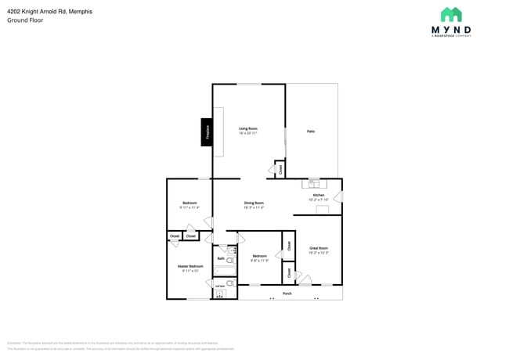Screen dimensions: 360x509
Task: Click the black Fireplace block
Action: [208, 131]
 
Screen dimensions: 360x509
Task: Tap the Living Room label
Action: [248, 128]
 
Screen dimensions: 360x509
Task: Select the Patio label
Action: [311, 131]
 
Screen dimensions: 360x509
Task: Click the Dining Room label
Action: [254, 203]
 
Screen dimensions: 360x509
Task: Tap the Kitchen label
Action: [319, 195]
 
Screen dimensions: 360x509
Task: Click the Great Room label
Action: [319, 249]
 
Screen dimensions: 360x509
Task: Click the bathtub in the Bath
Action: [226, 272]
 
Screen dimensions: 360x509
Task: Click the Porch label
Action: [287, 294]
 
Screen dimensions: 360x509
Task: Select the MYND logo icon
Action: [451, 15]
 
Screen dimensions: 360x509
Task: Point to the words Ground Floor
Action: [25, 20]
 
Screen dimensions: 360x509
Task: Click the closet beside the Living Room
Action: [280, 168]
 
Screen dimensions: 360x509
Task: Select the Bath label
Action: [221, 258]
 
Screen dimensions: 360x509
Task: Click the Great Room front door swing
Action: [305, 279]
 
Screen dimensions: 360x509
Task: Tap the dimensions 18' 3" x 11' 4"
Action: [254, 207]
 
